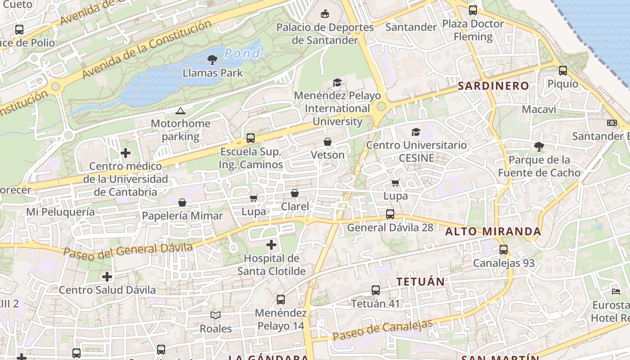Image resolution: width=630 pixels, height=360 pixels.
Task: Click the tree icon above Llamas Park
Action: coord(212,59)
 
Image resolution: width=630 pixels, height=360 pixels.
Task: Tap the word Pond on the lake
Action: coord(242,54)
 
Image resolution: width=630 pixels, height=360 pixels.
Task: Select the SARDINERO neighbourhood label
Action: coord(493,86)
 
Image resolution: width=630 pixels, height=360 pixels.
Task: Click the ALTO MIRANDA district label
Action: coord(493,232)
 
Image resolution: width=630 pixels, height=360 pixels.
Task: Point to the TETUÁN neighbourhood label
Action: coord(420,282)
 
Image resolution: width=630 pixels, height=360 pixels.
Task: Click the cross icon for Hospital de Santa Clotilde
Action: coord(271,245)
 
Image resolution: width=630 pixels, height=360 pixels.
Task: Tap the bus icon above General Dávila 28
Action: coord(390,214)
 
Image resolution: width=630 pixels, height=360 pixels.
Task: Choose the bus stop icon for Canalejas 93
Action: coord(504,250)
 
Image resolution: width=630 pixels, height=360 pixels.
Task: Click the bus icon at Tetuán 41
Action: coord(376,290)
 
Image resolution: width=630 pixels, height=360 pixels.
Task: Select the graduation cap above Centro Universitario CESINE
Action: coord(416,132)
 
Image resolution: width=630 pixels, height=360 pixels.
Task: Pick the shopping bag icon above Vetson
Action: coord(328,142)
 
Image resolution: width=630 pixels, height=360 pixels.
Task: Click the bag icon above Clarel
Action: coord(295,193)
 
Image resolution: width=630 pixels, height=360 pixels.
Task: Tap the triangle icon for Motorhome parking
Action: coord(180,111)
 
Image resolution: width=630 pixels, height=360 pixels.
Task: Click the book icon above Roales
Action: coord(216,315)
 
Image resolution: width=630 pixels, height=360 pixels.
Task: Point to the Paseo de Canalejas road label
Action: coord(382,330)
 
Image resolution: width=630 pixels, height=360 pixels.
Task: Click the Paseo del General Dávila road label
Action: coord(128,250)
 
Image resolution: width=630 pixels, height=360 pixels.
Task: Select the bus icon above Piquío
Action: coord(563,70)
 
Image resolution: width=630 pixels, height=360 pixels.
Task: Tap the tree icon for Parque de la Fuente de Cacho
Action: coord(539,147)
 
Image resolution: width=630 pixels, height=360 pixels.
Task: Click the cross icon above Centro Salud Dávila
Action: coord(107,276)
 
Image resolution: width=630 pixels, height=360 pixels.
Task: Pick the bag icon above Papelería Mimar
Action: coord(182,202)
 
